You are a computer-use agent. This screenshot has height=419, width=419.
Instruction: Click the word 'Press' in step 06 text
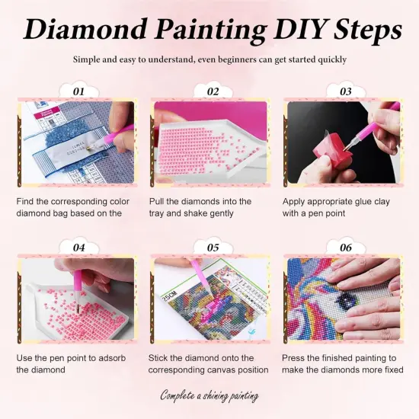click(296, 357)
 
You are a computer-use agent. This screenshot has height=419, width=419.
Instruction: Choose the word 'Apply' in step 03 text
click(296, 202)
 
